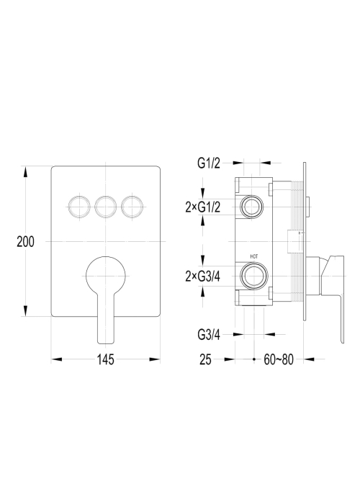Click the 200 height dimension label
coord(25,241)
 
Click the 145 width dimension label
coord(105,359)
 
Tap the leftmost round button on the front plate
coord(78,207)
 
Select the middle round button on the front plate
coord(105,207)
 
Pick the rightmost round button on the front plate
coord(132,207)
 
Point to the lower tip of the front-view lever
coord(105,342)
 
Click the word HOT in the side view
coord(254,256)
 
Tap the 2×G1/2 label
coord(203,207)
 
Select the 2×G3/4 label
coord(203,276)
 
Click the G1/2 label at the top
coord(209,163)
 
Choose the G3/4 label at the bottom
coord(209,335)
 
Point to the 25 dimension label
coord(205,359)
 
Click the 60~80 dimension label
coord(279,359)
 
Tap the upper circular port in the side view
coord(252,206)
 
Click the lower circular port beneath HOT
coord(254,276)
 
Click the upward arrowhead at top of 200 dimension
coord(25,171)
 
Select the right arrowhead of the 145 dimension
coord(155,359)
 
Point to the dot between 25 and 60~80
coord(254,359)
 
